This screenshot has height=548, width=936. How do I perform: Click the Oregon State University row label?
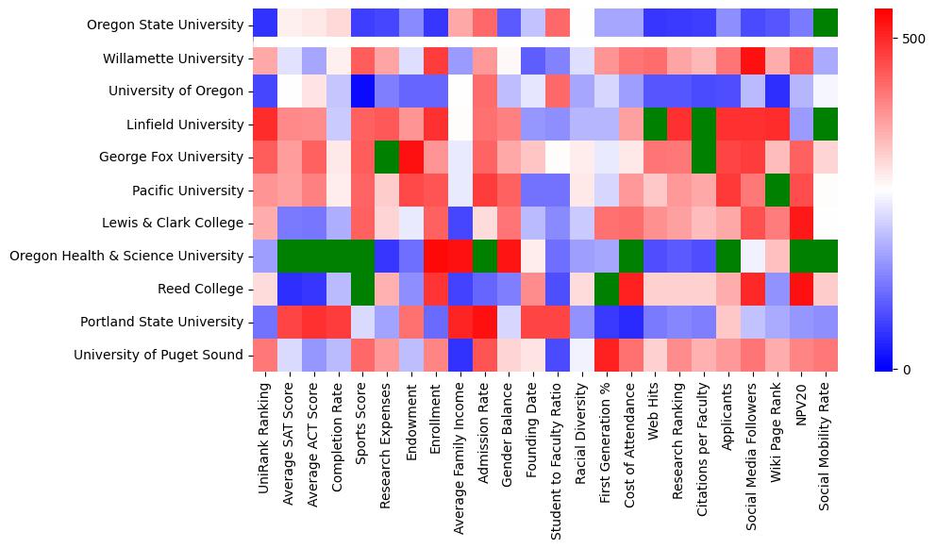click(164, 25)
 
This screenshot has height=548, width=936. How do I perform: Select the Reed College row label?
click(203, 290)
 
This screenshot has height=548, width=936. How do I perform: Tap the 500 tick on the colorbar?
click(913, 39)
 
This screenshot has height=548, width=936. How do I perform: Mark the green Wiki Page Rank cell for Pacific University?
click(777, 190)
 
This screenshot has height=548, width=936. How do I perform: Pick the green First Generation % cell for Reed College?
click(605, 289)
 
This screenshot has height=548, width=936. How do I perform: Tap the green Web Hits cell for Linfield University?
click(654, 124)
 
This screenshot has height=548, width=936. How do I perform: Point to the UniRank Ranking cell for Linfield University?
click(265, 124)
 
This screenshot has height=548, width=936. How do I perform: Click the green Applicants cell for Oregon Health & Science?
click(727, 256)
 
